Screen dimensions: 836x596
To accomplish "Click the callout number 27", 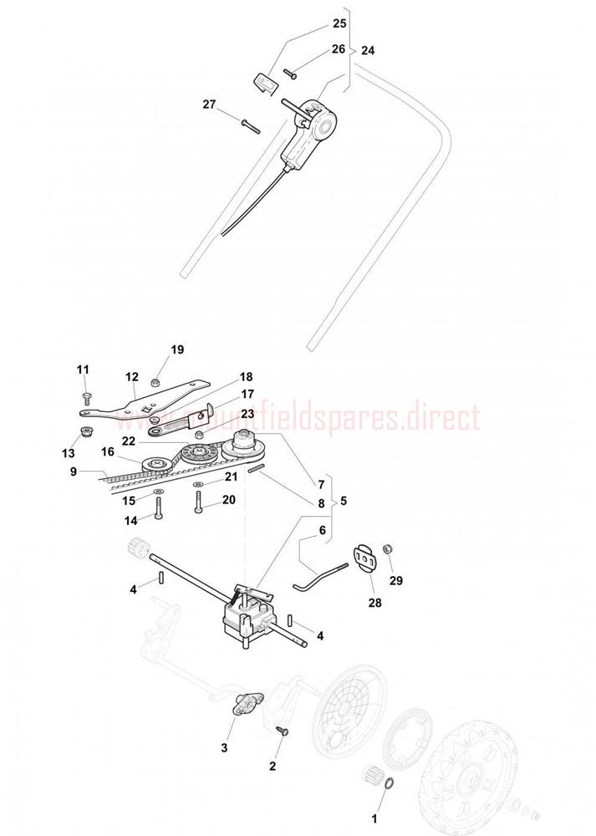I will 208,104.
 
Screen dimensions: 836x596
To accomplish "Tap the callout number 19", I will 177,349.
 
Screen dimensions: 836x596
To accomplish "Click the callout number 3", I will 224,747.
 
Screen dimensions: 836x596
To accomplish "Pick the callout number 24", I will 368,50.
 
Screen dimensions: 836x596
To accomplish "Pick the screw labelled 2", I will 282,731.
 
